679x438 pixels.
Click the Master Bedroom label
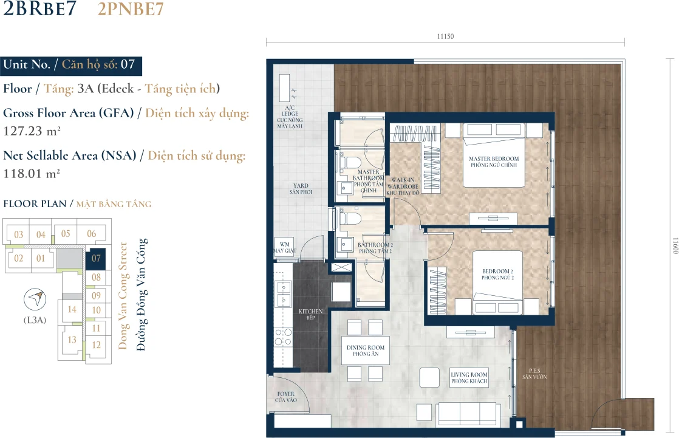[494, 162]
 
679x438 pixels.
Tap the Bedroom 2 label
[497, 274]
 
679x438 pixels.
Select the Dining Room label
[366, 351]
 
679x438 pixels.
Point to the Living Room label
[469, 378]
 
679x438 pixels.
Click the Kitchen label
[310, 314]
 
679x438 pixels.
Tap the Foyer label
[286, 397]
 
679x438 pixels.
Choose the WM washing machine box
[284, 247]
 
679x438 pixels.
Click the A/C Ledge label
[290, 117]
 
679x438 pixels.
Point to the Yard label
[301, 188]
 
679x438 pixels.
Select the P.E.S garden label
[534, 374]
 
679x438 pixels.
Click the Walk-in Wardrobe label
[403, 186]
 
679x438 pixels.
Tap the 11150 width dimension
[445, 36]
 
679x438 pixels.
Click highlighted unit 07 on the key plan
[96, 258]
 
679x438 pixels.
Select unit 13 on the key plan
[72, 340]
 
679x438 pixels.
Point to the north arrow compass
[35, 299]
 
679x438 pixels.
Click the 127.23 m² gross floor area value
[32, 131]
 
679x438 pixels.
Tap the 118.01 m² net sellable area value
[31, 174]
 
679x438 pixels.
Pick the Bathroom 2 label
[375, 248]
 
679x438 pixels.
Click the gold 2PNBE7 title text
[131, 9]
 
